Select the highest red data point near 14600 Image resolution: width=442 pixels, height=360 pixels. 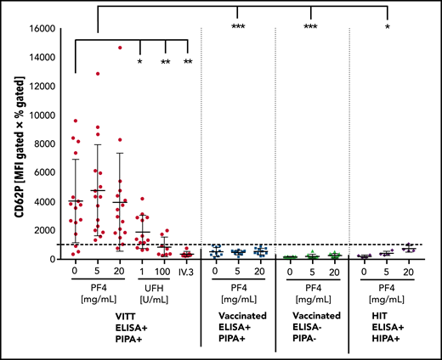pos(121,48)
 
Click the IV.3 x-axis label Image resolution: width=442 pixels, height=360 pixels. pos(187,273)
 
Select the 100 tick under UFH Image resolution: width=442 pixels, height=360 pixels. pos(165,273)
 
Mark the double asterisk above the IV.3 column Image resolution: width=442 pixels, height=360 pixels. pos(187,62)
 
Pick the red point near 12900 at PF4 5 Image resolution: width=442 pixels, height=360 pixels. pos(99,74)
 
